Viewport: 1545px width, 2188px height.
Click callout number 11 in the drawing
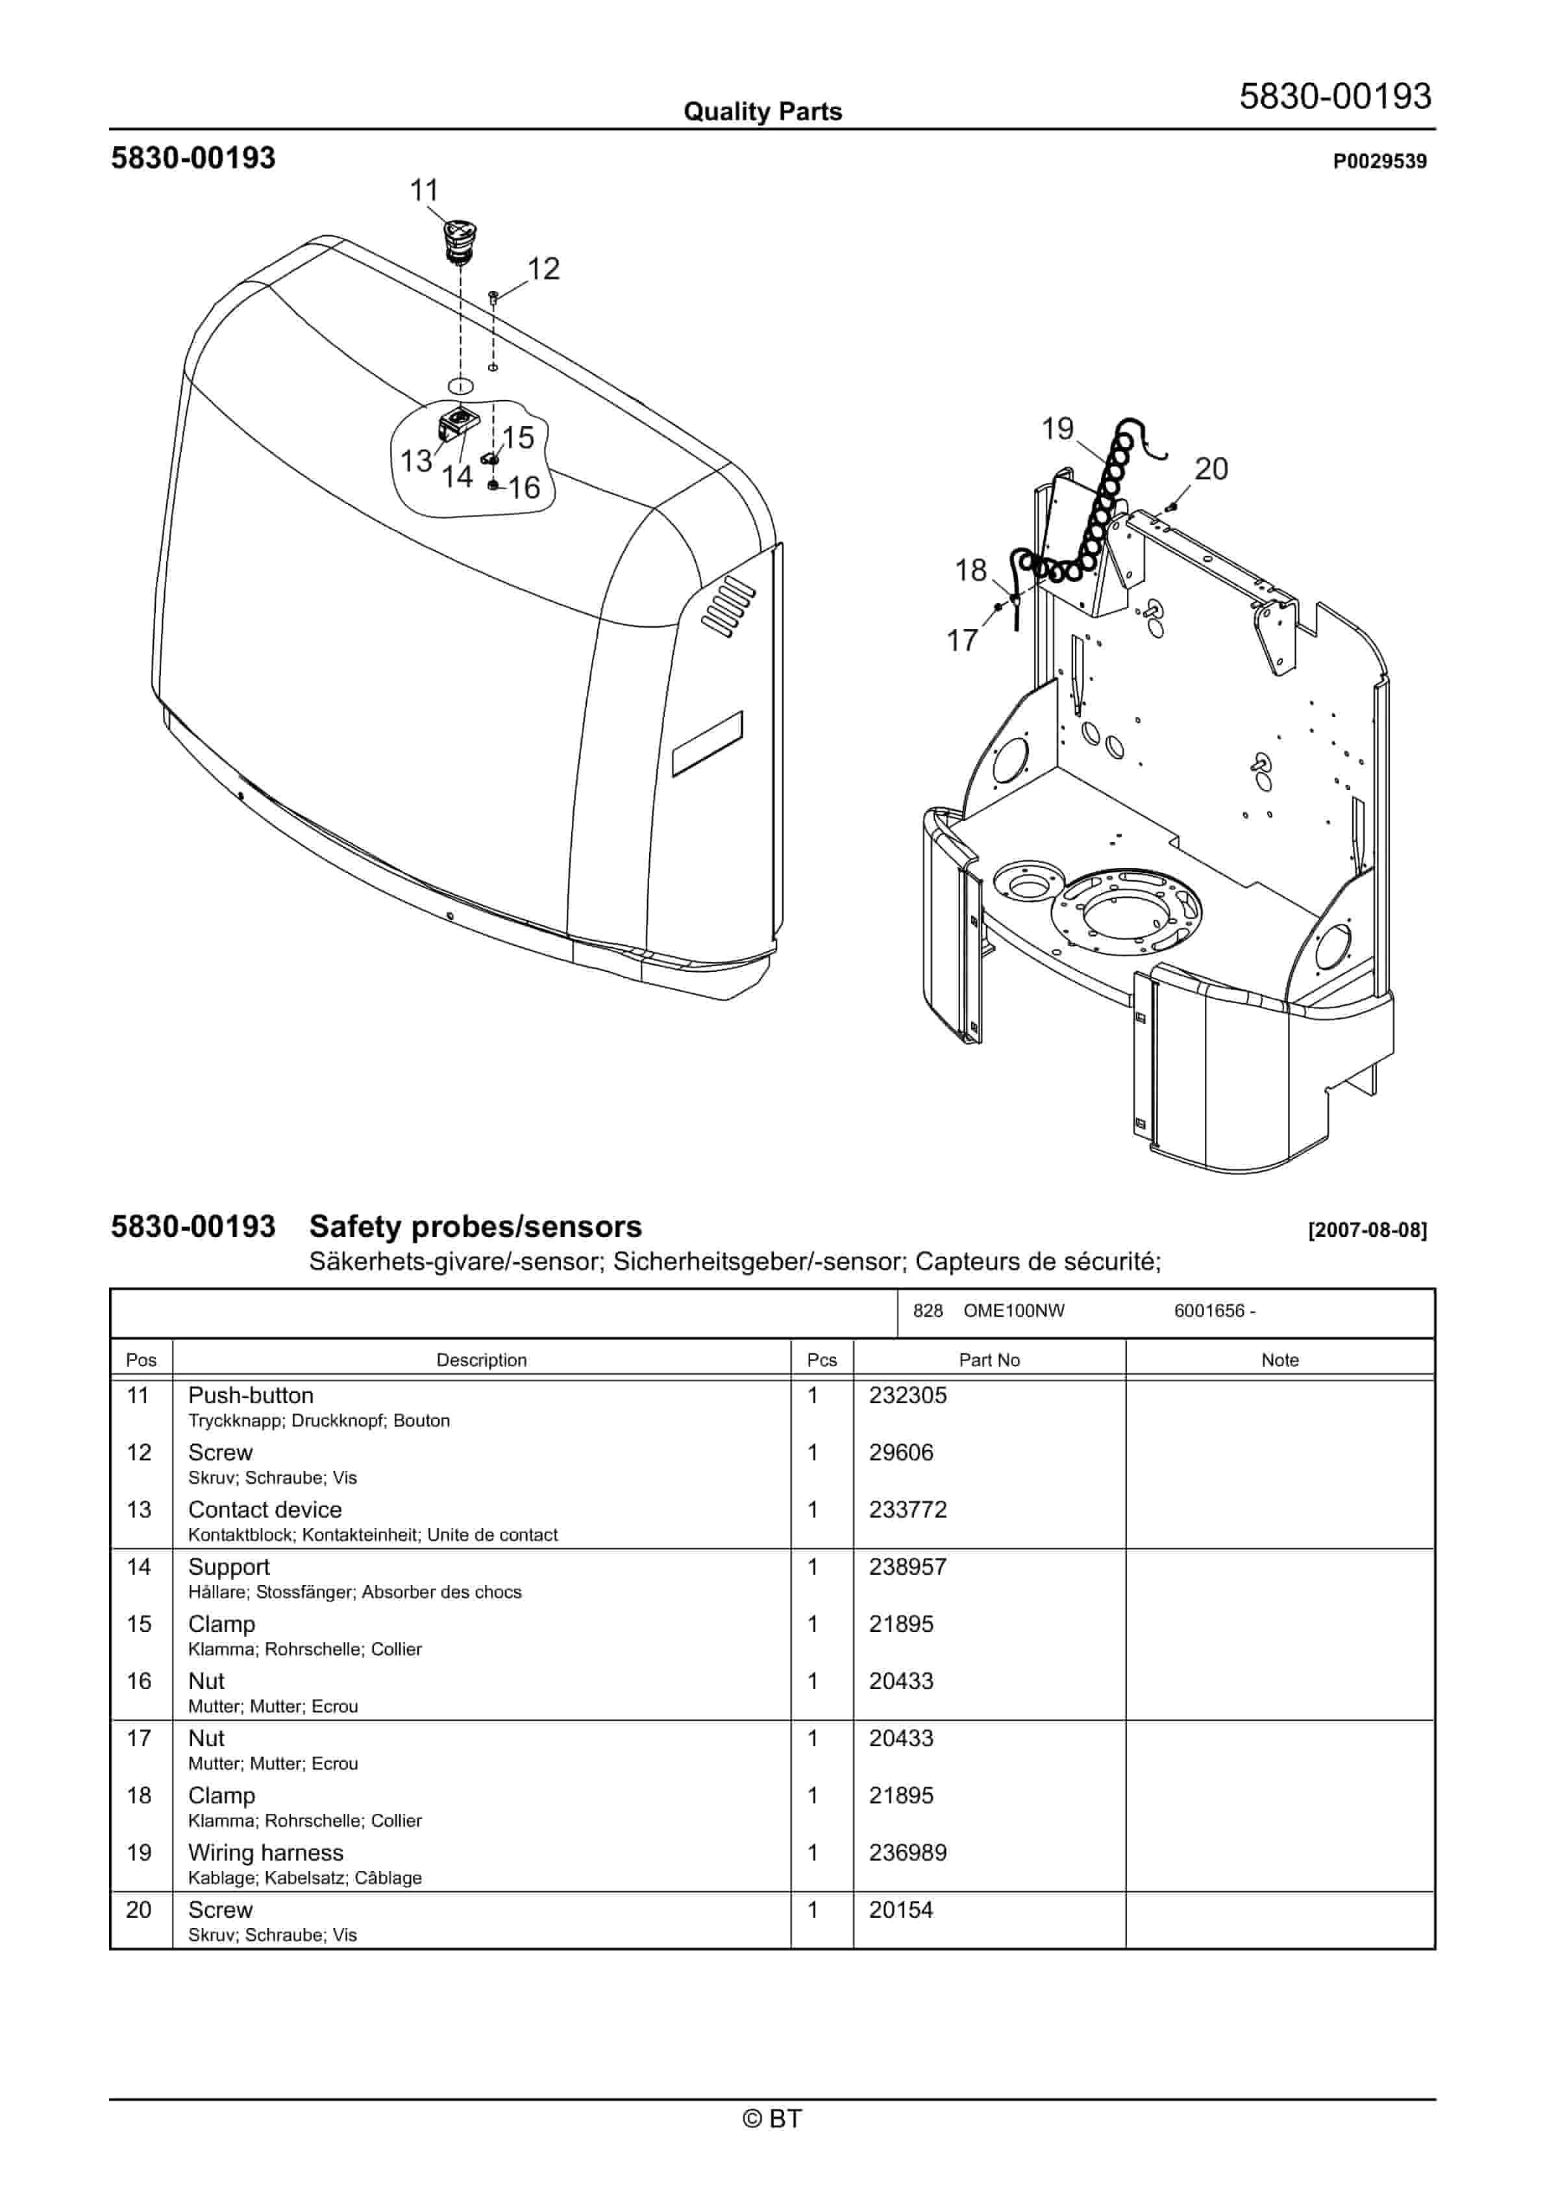424,190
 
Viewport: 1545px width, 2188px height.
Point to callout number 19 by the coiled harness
1057,429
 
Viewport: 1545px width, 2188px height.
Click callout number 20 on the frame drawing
1211,469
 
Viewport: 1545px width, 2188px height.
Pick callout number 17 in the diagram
962,641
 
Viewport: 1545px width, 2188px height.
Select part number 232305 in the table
908,1395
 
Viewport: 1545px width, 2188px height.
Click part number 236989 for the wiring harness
908,1853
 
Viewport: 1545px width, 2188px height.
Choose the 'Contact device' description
265,1510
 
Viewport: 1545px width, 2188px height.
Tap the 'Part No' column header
989,1360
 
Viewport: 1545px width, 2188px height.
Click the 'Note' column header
1279,1360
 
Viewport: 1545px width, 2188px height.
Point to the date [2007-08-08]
1367,1230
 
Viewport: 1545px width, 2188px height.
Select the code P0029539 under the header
1379,161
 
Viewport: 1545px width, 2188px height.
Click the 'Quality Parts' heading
762,112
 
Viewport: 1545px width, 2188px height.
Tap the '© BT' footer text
772,2118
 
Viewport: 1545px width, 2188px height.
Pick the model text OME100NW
1013,1310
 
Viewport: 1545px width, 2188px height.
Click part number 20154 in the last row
900,1910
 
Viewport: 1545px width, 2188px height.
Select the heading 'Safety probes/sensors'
475,1227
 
